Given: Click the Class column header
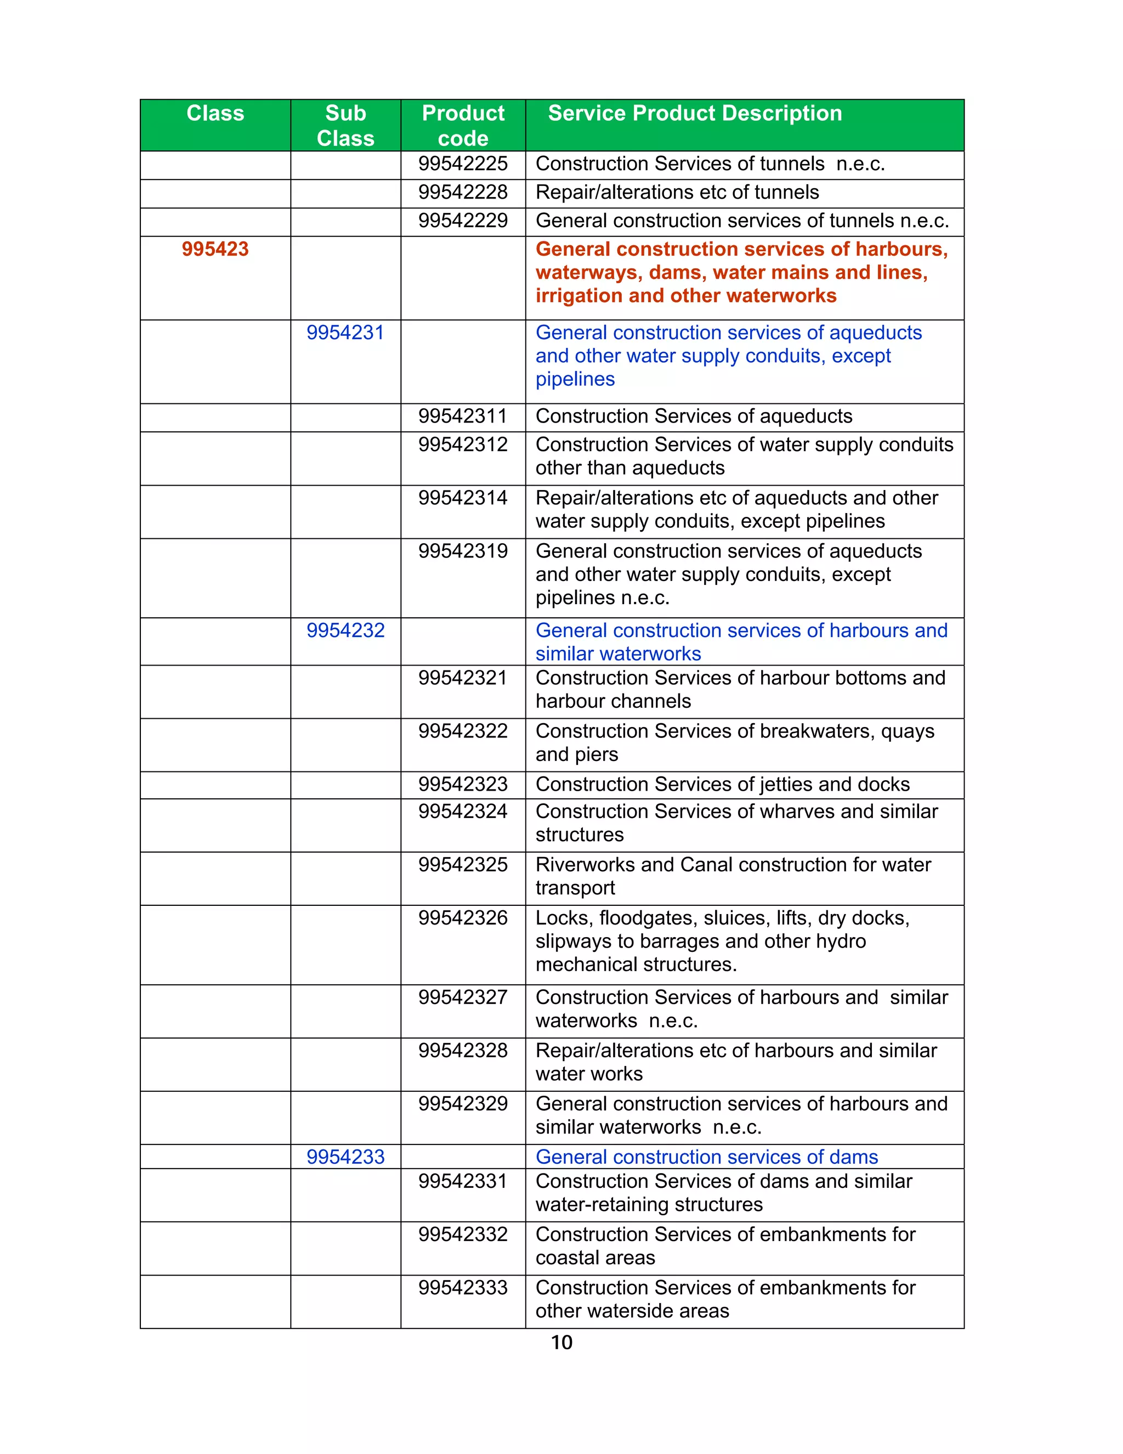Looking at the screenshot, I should pos(215,113).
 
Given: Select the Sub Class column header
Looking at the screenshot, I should pos(345,125).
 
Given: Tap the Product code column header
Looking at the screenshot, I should pos(463,125).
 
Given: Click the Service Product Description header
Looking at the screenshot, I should pos(695,113).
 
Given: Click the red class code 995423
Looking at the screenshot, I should pos(215,249).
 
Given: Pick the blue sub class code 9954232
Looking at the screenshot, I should pos(345,630).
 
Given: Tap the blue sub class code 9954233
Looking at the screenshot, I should pos(345,1157).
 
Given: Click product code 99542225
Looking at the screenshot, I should pos(463,164).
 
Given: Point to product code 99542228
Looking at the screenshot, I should pos(463,193).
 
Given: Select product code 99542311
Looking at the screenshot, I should pos(463,416).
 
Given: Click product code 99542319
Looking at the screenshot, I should pos(463,551).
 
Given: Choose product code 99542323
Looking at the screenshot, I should pos(463,784).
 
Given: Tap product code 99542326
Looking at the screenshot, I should pos(463,918).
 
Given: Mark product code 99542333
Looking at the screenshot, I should pos(463,1288).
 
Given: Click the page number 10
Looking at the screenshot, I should pos(561,1342).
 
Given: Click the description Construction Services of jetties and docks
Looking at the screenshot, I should pos(723,784).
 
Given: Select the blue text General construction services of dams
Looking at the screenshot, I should pos(706,1157).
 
